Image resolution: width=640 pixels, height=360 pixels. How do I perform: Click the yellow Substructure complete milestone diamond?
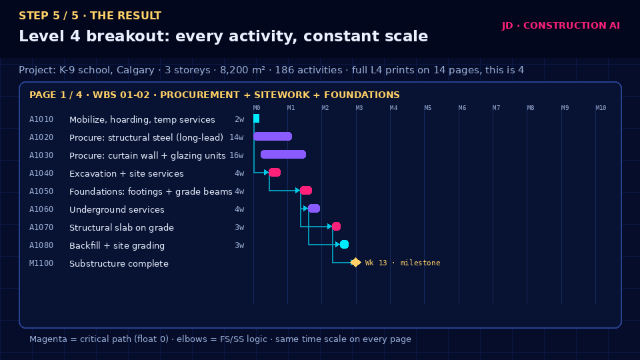click(355, 263)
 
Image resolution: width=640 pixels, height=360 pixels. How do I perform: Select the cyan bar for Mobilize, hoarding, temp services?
click(256, 119)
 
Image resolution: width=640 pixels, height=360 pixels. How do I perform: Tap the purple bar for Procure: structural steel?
click(273, 136)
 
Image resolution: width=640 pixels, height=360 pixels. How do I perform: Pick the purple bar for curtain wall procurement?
click(283, 154)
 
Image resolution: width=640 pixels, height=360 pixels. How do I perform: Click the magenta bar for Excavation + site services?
click(275, 172)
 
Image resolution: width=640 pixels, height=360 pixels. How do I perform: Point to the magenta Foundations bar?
click(306, 190)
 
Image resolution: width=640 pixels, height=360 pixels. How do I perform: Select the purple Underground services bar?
click(314, 208)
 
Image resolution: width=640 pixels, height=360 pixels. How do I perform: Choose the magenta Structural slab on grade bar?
click(336, 226)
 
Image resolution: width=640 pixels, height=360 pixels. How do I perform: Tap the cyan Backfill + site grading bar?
click(344, 244)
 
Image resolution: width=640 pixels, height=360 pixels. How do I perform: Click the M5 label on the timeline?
click(428, 108)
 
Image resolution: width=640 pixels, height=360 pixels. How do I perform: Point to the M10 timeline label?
click(601, 108)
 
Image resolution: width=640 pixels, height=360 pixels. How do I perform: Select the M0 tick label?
click(257, 108)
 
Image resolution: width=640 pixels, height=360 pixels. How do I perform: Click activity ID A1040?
click(41, 173)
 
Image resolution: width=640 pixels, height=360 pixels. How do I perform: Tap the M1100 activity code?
click(41, 263)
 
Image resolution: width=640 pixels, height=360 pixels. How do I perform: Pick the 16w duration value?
click(236, 155)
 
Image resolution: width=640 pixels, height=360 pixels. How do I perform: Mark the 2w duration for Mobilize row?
click(239, 119)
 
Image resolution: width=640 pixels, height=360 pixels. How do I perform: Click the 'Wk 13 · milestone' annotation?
click(403, 263)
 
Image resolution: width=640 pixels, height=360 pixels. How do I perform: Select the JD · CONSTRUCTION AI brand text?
click(561, 25)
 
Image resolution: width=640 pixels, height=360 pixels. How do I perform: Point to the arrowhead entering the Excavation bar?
click(267, 172)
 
